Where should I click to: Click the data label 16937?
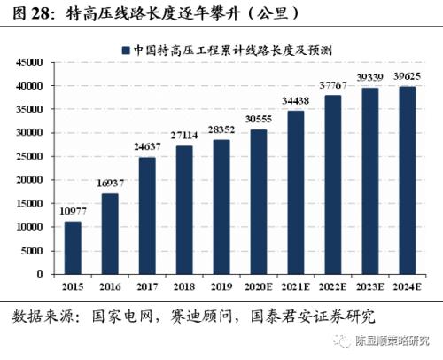tap(111, 184)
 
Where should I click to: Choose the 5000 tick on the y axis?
tap(33, 251)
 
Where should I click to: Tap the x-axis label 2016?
tap(111, 287)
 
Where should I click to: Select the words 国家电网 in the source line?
tap(123, 316)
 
